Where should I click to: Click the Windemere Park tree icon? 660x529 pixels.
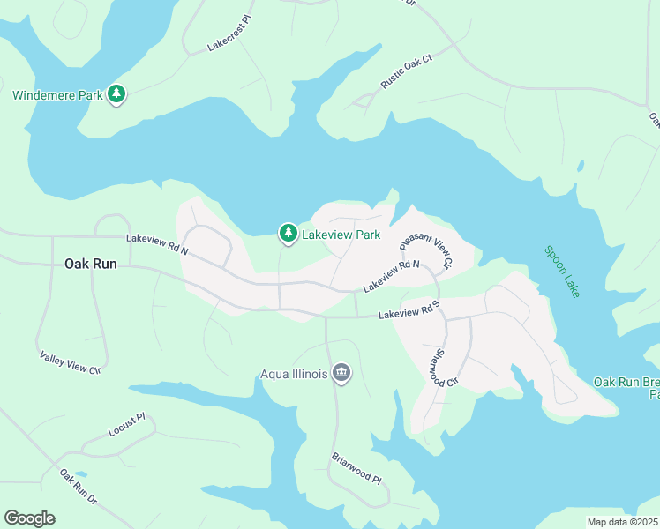116,94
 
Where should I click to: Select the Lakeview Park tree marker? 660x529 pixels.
288,234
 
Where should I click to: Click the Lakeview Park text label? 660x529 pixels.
341,235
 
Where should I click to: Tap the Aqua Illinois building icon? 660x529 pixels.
341,375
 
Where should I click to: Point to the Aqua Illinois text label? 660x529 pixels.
294,375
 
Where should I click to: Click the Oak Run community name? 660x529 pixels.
90,263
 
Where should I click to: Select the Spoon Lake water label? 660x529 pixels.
562,271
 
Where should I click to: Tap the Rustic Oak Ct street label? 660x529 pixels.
407,71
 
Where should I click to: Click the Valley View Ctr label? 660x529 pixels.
71,362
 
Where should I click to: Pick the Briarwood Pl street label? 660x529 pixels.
356,468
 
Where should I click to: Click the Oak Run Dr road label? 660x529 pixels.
78,487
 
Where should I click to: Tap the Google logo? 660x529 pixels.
29,518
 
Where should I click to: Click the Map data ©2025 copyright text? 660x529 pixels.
622,522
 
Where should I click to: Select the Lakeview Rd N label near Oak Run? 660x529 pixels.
157,244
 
